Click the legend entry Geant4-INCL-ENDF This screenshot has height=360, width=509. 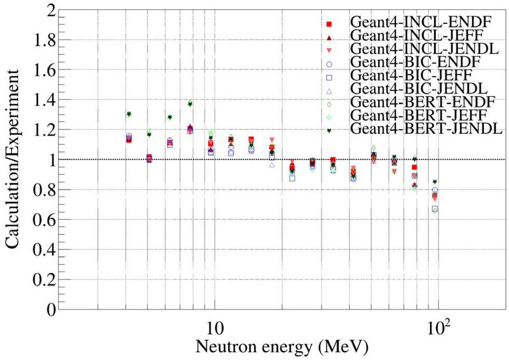(x=421, y=22)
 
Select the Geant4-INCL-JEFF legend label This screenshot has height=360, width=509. (x=417, y=35)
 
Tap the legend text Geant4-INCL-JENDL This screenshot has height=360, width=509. (x=425, y=49)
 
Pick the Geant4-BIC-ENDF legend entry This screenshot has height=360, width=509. (x=416, y=62)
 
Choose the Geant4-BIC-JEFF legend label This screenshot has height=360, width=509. (x=412, y=75)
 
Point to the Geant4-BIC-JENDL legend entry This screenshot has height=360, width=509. (x=419, y=89)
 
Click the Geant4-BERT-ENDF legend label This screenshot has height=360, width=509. (x=422, y=102)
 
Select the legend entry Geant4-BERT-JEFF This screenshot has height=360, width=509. (x=419, y=115)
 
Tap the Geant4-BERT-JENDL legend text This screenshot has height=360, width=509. (x=427, y=129)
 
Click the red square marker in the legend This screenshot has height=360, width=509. (x=329, y=24)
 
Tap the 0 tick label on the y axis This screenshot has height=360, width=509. (x=50, y=310)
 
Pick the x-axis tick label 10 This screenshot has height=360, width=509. (x=215, y=328)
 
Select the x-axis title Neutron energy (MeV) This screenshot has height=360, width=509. (x=282, y=347)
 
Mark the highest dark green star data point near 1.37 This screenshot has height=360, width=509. (x=190, y=104)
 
